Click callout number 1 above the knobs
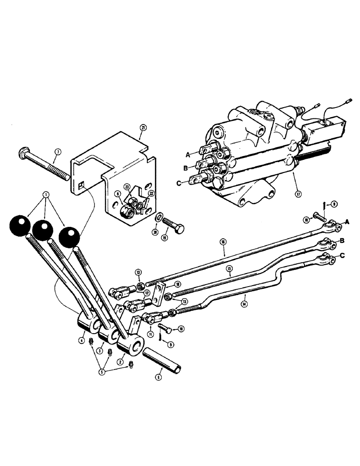coord(45,194)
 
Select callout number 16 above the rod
coord(223,241)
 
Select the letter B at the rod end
coord(342,241)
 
